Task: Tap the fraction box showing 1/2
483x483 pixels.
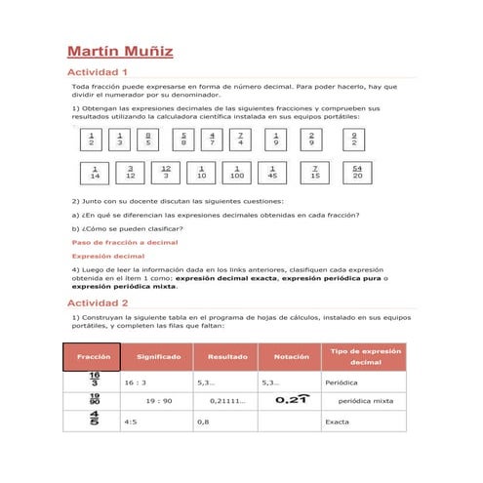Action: point(91,140)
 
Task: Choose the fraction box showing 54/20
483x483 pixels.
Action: point(356,174)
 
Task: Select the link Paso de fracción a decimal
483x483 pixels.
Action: point(125,242)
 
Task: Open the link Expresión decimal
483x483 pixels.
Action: point(108,256)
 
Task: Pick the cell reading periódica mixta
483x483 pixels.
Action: point(365,400)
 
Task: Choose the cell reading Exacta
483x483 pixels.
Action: point(338,422)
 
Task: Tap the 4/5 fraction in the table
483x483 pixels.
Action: point(94,420)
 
